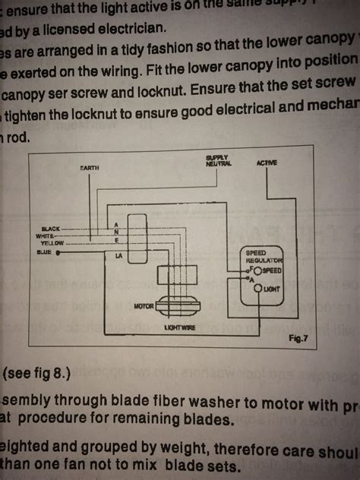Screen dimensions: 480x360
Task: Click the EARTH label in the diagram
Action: click(x=90, y=166)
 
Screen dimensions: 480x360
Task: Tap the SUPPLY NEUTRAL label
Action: click(x=218, y=160)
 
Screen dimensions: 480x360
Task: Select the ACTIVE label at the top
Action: click(x=267, y=163)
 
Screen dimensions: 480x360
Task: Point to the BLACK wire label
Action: click(x=51, y=228)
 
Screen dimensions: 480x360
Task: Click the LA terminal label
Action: click(x=118, y=256)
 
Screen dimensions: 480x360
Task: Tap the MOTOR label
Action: click(x=144, y=306)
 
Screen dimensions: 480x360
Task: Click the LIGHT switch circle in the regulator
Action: click(x=257, y=289)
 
